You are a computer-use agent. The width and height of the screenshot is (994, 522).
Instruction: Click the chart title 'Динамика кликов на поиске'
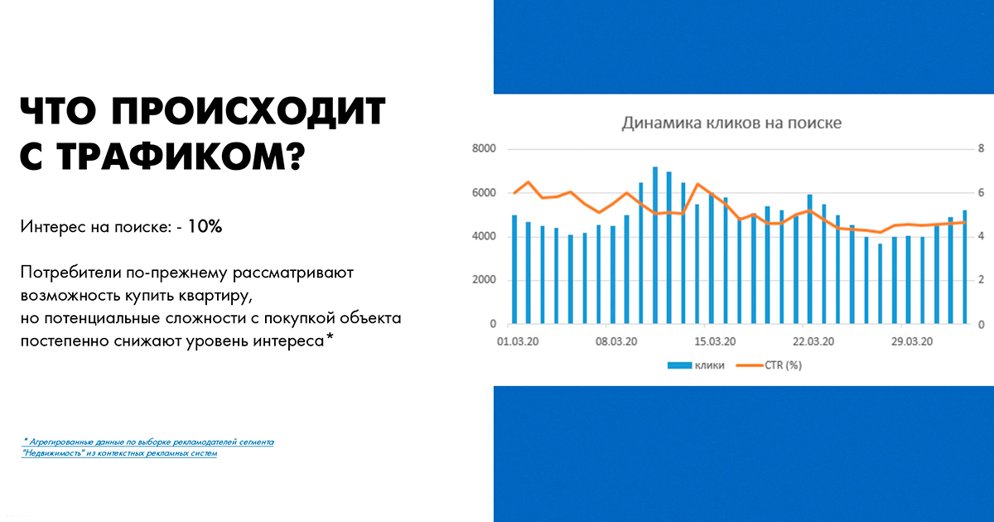[x=731, y=123]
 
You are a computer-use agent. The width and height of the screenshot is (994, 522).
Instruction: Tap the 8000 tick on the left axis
[x=484, y=148]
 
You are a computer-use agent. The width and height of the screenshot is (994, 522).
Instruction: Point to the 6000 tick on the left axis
[x=484, y=192]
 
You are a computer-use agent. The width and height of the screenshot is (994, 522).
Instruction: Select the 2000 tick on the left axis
[x=484, y=280]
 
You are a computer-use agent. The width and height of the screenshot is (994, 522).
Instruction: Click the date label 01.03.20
[x=518, y=341]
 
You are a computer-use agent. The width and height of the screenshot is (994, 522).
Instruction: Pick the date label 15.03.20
[x=715, y=341]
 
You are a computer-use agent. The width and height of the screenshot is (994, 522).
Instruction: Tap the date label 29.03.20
[x=912, y=341]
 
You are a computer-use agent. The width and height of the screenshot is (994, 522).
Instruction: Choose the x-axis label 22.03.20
[x=813, y=341]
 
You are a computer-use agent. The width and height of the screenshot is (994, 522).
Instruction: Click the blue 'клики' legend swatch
[x=679, y=365]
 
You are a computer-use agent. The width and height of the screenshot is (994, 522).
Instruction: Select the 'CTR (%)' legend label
[x=784, y=365]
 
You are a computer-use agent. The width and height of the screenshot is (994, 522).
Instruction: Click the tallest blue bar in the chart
[x=655, y=245]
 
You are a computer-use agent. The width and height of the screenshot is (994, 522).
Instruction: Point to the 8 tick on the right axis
[x=981, y=148]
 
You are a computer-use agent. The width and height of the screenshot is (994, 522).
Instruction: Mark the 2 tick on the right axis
[x=981, y=280]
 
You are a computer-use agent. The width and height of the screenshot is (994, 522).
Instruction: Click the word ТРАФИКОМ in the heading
[x=181, y=157]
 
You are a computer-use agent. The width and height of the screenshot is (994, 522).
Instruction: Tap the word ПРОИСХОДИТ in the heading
[x=248, y=111]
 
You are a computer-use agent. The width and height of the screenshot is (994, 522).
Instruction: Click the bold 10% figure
[x=205, y=226]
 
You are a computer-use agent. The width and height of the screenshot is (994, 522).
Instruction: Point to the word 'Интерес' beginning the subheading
[x=52, y=226]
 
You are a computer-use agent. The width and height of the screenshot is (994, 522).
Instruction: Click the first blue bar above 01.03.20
[x=514, y=269]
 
